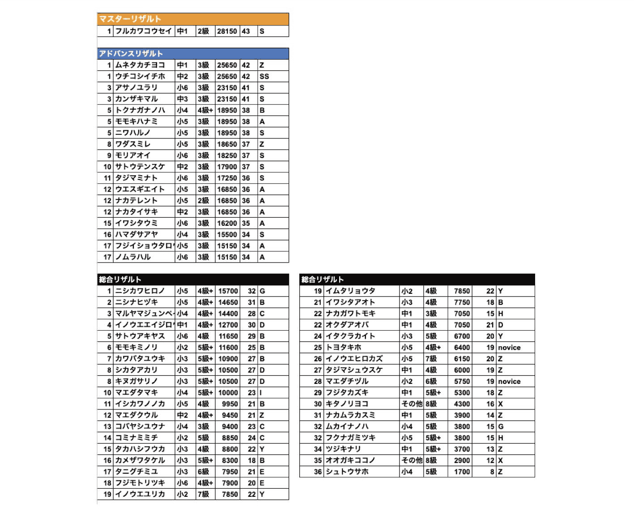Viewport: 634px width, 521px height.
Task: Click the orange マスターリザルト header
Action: pos(130,19)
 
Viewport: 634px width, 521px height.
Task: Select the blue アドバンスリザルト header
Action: pos(131,54)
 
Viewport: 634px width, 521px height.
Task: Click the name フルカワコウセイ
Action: pos(143,31)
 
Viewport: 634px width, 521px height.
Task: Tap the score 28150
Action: pos(227,31)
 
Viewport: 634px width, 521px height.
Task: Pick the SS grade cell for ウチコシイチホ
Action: pos(264,76)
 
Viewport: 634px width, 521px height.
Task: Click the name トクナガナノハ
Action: pos(140,110)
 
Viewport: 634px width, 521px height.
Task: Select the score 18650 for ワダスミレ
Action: pos(227,144)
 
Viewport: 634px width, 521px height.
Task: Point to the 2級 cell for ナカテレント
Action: pos(203,201)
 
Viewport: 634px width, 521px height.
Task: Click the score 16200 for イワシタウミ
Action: pos(227,223)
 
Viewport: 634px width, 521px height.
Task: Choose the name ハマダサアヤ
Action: pos(136,234)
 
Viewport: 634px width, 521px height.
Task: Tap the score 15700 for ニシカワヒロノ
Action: pos(228,291)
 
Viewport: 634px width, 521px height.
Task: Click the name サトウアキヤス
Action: pos(140,336)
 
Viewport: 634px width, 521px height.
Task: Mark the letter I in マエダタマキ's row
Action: pos(261,392)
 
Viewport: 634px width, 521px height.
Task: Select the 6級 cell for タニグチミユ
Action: pos(203,472)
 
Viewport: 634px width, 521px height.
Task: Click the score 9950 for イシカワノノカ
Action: pos(230,404)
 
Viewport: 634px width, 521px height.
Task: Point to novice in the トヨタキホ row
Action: pos(509,347)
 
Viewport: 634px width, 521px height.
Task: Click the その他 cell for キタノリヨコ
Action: pos(412,404)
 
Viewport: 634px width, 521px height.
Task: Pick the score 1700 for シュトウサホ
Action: pos(462,472)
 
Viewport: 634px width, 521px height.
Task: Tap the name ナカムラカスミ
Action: pos(350,415)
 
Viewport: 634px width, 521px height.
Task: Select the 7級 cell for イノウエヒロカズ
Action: pos(431,359)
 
